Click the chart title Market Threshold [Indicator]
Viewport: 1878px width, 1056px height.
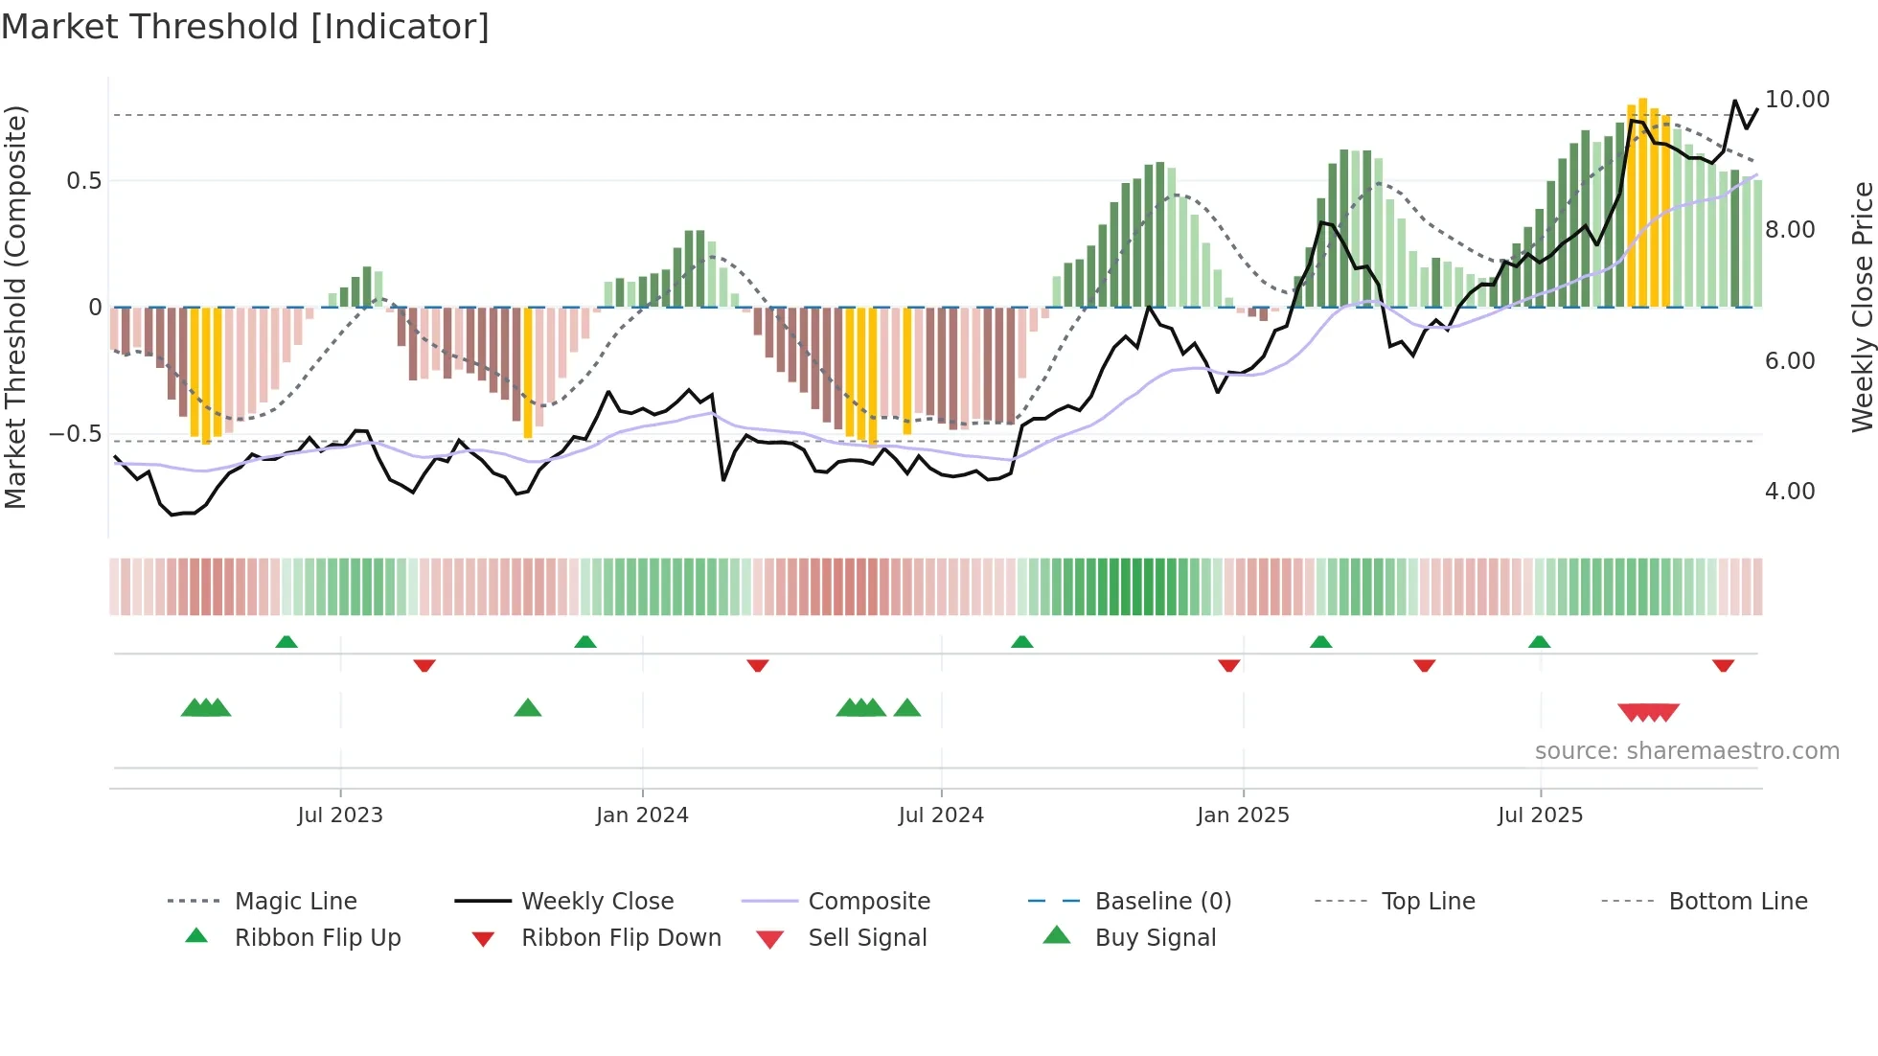tap(245, 27)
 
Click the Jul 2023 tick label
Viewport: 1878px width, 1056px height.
tap(339, 815)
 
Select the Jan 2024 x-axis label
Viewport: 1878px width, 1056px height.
tap(642, 815)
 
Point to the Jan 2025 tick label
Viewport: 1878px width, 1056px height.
tap(1243, 815)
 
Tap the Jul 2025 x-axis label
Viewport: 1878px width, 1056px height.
tap(1540, 815)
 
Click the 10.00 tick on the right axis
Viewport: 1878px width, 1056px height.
tap(1797, 100)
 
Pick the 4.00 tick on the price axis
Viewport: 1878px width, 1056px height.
tap(1790, 492)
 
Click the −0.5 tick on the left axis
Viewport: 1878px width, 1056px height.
tap(76, 434)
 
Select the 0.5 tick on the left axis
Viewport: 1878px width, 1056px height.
tap(83, 181)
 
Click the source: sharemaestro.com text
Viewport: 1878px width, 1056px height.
tap(1686, 751)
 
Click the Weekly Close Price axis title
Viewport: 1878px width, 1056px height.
tap(1862, 307)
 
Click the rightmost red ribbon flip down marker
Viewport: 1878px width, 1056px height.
tap(1723, 665)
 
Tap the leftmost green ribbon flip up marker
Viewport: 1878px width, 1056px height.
tap(286, 642)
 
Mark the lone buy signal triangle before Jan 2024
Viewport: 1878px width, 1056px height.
tap(528, 709)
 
